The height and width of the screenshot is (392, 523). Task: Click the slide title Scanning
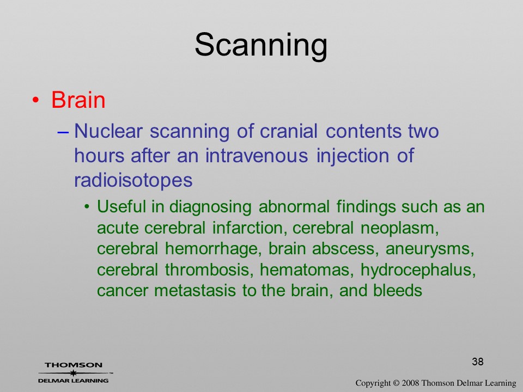(261, 45)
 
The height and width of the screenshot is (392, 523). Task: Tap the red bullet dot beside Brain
(35, 100)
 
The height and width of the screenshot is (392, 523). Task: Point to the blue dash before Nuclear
(63, 132)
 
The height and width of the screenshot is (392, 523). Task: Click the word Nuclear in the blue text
(108, 131)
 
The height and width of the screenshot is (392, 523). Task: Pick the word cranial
(289, 131)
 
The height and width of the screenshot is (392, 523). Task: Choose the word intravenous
(257, 155)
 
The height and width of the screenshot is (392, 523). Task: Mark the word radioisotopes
(133, 180)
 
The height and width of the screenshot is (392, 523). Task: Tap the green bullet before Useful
(87, 207)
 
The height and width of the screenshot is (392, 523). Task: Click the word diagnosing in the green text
(210, 207)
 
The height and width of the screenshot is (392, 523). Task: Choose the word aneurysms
(430, 249)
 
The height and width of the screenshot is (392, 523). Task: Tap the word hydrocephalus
(418, 269)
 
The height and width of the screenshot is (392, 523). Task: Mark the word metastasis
(195, 290)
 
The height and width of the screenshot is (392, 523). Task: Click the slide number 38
(478, 362)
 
